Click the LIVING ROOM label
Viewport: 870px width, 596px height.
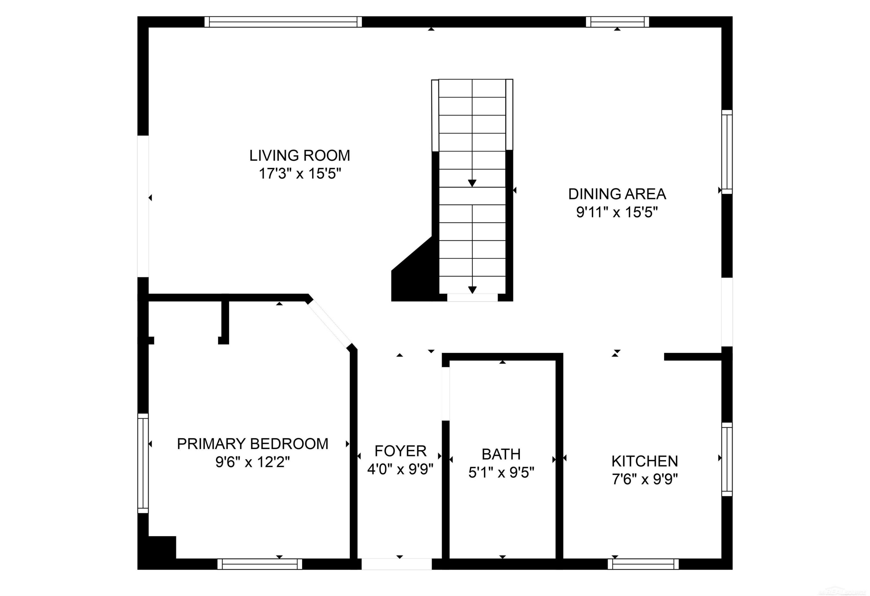[300, 155]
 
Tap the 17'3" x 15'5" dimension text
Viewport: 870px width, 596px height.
[300, 174]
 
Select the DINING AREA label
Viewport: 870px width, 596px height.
[617, 194]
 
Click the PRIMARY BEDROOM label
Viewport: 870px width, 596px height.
[253, 444]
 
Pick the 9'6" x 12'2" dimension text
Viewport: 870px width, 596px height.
[253, 462]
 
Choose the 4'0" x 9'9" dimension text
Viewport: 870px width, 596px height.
[400, 469]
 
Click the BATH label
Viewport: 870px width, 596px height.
[501, 454]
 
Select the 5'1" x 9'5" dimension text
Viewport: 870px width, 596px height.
[501, 473]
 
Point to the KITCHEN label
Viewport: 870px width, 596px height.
[645, 461]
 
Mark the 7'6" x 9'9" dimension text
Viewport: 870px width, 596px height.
[645, 479]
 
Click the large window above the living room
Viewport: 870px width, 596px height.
[283, 22]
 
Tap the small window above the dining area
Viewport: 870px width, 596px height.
[617, 22]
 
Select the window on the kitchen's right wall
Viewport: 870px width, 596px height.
[727, 459]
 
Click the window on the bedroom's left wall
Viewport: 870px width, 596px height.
[143, 463]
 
